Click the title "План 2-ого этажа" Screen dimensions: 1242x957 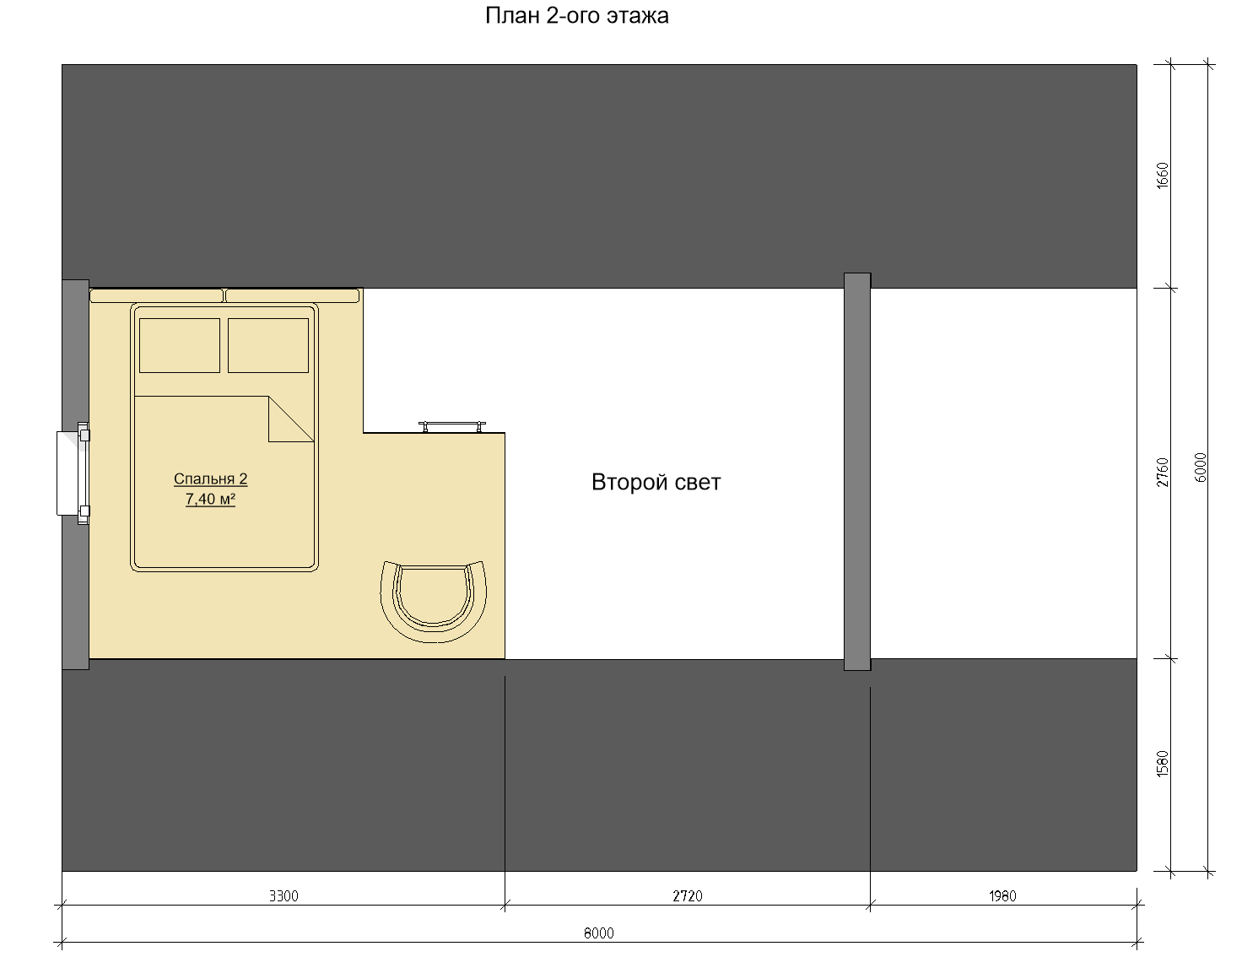[577, 15]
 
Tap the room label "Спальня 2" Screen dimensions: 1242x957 [210, 478]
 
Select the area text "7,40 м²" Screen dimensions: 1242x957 [210, 499]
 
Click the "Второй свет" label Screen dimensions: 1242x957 [656, 482]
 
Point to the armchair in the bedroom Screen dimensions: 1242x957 [433, 602]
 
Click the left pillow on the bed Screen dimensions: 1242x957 [180, 345]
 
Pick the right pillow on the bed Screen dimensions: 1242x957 [268, 345]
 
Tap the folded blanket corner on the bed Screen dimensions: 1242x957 [291, 419]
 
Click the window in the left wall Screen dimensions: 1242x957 [73, 473]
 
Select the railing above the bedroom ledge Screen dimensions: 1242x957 [452, 426]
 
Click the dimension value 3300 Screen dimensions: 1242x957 [283, 896]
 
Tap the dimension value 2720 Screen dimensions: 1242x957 [687, 896]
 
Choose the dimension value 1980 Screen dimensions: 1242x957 [1002, 896]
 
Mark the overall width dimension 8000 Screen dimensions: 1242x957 [598, 933]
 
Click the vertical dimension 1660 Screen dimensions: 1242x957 [1163, 176]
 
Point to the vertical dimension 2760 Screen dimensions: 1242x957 [1163, 473]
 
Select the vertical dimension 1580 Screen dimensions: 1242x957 [1163, 764]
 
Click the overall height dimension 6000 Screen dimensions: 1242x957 [1201, 468]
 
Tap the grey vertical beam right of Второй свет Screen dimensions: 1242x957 [857, 472]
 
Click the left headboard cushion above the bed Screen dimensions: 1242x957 [157, 295]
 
